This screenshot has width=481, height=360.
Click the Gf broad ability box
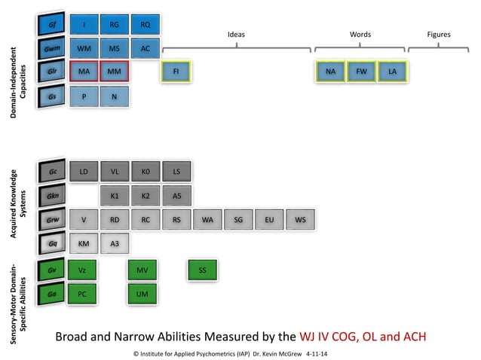(51, 24)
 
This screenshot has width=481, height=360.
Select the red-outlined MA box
(84, 72)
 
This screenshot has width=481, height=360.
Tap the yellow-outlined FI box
(176, 72)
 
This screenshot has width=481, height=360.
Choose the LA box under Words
(392, 72)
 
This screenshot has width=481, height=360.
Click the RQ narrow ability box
(146, 25)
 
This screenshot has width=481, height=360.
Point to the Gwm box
(51, 48)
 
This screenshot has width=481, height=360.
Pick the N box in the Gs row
(115, 97)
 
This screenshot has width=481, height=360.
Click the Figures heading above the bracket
(439, 35)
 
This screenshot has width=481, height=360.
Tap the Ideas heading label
(236, 35)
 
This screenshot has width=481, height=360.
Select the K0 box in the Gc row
(146, 172)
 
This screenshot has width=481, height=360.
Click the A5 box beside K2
(176, 196)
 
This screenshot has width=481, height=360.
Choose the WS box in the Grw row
(300, 220)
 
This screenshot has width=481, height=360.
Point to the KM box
(84, 243)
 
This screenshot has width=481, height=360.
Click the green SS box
(203, 270)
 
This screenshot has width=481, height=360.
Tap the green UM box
(142, 294)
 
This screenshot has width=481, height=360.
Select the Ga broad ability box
(51, 294)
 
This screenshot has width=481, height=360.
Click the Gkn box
(52, 196)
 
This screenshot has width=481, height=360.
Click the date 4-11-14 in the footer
(317, 354)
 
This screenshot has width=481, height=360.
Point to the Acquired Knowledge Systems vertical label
(18, 204)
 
